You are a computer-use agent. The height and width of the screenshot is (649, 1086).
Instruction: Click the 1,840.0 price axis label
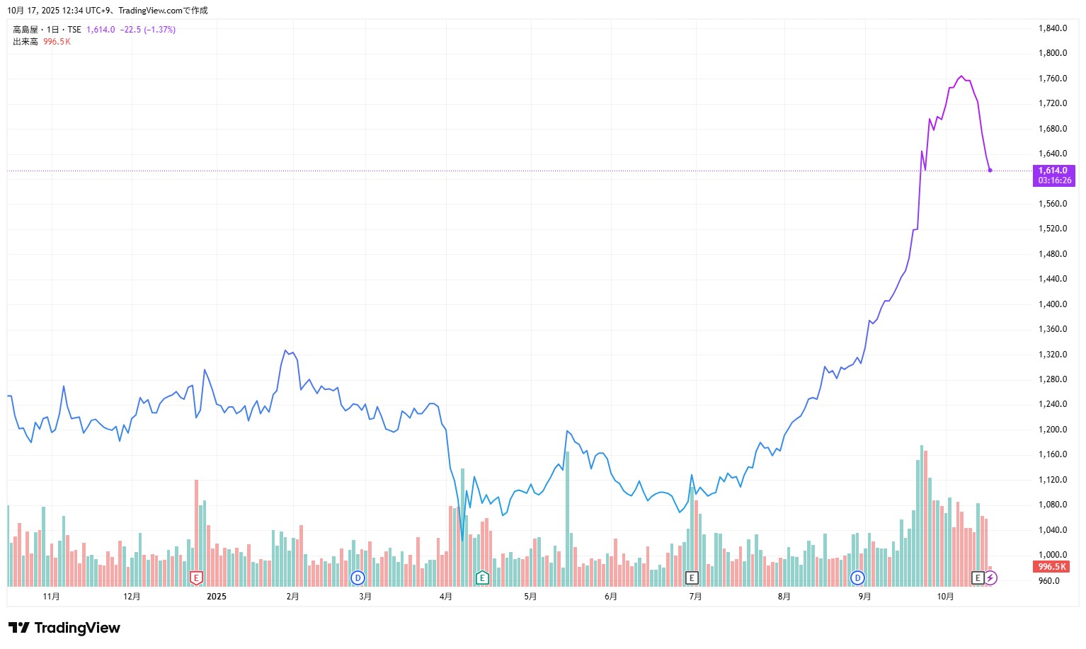point(1052,28)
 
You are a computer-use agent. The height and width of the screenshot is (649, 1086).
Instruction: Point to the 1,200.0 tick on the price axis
point(1052,430)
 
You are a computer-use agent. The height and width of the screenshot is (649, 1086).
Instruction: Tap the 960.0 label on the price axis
point(1048,581)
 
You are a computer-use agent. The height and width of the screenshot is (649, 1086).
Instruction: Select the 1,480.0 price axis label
point(1052,254)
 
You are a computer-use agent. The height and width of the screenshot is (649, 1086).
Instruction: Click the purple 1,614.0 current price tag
point(1053,176)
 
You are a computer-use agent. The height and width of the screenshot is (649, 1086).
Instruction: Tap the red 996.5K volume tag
point(1051,567)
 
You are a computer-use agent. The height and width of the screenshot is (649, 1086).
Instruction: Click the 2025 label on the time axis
point(217,597)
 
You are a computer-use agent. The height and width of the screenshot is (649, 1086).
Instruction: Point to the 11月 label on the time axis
point(51,597)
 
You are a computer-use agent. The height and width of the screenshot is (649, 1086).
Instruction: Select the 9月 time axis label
point(864,597)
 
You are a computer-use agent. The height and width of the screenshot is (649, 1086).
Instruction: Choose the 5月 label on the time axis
point(530,597)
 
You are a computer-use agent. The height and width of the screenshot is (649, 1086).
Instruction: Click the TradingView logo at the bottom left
point(64,628)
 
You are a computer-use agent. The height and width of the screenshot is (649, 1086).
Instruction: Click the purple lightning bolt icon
point(990,578)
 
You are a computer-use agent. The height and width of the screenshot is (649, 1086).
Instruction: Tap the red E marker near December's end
point(197,578)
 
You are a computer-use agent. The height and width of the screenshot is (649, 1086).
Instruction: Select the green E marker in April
point(482,578)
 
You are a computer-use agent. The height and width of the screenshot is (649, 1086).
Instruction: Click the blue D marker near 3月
point(358,578)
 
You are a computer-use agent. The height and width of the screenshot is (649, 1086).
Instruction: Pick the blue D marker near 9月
point(858,578)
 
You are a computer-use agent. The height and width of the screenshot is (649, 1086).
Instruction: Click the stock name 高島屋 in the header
point(25,30)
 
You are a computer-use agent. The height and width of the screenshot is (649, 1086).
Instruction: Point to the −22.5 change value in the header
point(130,30)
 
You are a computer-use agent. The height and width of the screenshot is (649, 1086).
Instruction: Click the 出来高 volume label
point(25,42)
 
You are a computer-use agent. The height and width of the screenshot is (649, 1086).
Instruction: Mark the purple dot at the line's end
point(990,171)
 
